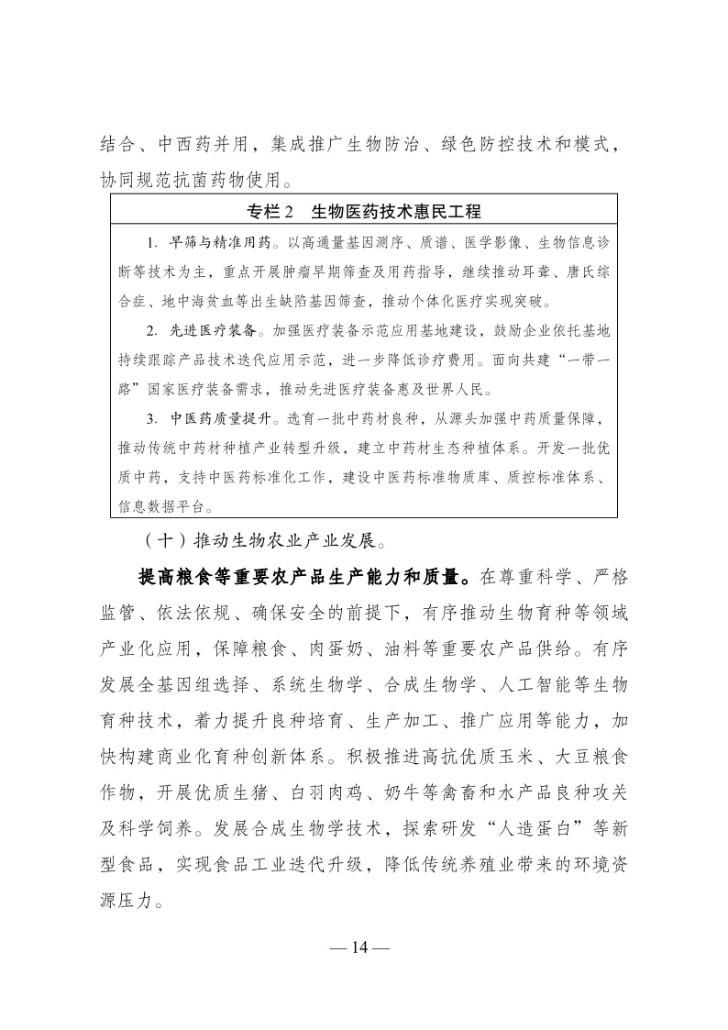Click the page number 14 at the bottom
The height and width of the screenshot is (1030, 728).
[x=364, y=947]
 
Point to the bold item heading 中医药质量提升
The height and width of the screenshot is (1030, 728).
[x=220, y=419]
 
